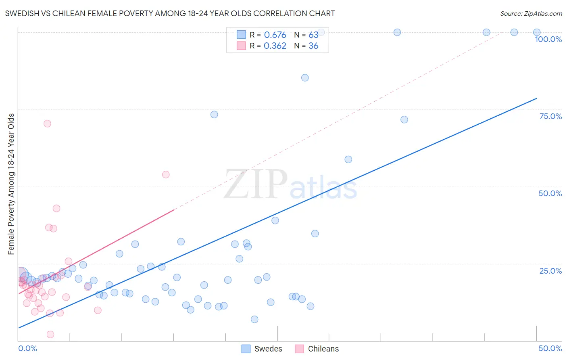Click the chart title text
point(170,13)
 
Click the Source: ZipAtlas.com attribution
point(531,13)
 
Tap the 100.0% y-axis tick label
point(548,39)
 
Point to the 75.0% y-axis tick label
point(550,116)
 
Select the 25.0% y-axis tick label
point(550,270)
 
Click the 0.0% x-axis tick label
point(27,348)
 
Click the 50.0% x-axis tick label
point(550,348)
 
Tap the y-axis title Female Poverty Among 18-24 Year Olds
point(11,184)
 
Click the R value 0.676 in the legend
point(275,35)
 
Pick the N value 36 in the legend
point(313,46)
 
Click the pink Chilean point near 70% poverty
point(47,123)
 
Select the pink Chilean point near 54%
point(166,174)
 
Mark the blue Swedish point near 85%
point(305,77)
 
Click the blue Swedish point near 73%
point(214,115)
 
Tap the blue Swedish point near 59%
point(348,159)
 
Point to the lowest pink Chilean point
point(50,334)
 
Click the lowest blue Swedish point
point(254,319)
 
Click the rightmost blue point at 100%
point(537,32)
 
